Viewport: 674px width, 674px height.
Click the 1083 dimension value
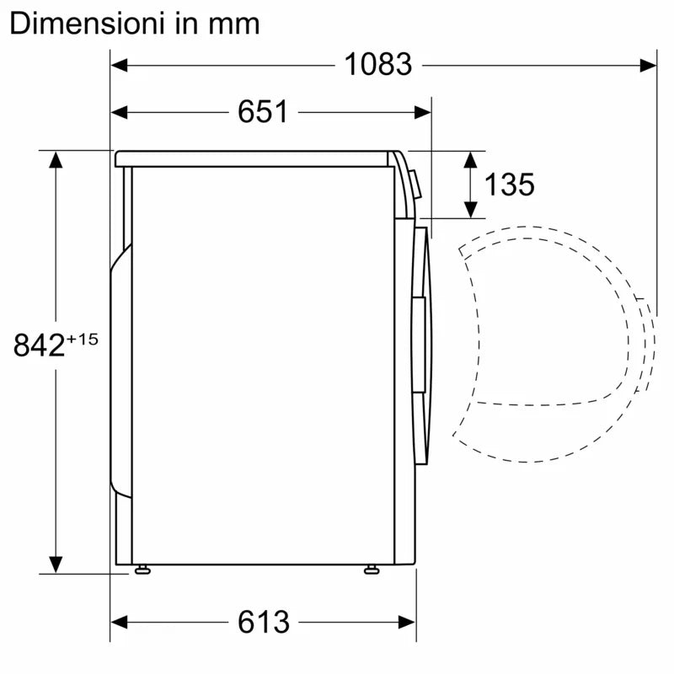[378, 65]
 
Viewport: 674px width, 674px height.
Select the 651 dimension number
[263, 112]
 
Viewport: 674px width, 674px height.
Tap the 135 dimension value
[510, 185]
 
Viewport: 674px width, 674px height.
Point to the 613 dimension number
[264, 622]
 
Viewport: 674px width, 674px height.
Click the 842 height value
[39, 345]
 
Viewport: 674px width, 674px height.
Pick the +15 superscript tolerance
[82, 340]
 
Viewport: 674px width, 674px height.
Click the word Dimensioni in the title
[87, 24]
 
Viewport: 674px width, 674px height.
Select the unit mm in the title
[234, 25]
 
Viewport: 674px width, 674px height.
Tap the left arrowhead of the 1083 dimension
[119, 66]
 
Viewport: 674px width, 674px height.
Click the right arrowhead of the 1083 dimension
[648, 66]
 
